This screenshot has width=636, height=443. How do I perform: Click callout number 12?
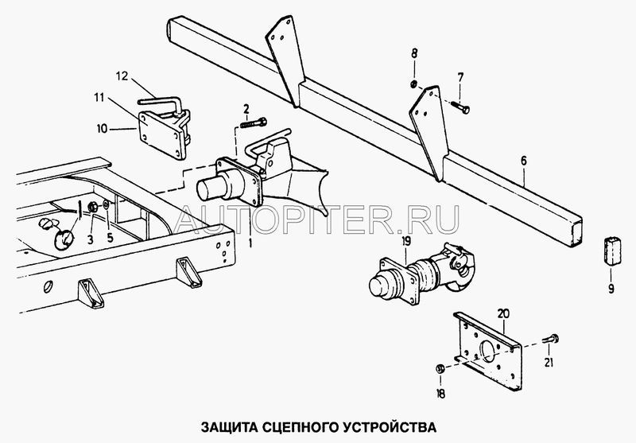[122, 76]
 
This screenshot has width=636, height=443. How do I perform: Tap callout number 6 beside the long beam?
[524, 161]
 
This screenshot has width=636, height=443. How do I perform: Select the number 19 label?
[406, 241]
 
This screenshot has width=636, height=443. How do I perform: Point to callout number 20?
[503, 314]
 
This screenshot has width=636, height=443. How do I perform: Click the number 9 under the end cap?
[611, 289]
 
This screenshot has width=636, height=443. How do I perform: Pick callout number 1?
[250, 243]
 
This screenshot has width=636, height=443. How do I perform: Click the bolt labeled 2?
[254, 122]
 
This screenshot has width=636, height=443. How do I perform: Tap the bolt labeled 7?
[460, 107]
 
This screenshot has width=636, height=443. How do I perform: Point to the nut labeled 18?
[440, 369]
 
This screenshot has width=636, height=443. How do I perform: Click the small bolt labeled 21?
[549, 339]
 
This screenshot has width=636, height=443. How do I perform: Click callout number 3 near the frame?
[91, 239]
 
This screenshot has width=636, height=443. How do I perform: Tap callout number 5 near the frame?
[110, 238]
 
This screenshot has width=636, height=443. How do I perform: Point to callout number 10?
[103, 129]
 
